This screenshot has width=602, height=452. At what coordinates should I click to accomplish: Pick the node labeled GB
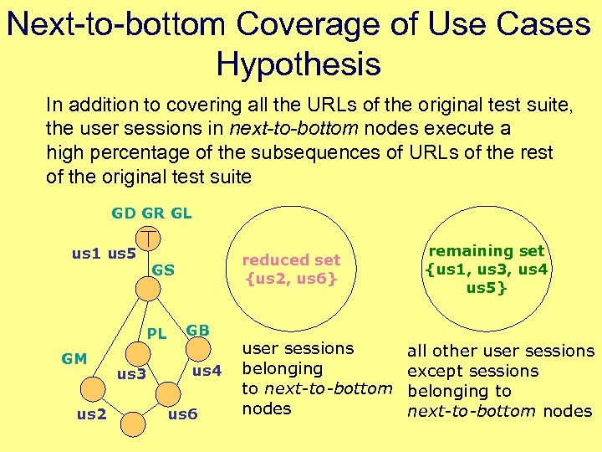(195, 349)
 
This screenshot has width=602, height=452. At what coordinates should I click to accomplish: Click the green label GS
(164, 270)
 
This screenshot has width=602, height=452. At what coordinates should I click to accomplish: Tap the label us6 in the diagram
(183, 413)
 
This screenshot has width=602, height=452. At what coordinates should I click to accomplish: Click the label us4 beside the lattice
(207, 370)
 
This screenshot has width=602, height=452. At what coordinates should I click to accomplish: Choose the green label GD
(124, 213)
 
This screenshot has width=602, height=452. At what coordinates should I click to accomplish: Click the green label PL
(157, 334)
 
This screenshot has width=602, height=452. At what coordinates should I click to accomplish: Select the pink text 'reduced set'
(291, 259)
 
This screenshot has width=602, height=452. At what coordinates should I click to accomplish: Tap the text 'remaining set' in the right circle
(487, 250)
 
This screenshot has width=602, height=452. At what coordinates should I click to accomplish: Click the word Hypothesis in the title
(298, 64)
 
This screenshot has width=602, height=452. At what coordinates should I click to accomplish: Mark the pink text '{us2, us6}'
(291, 278)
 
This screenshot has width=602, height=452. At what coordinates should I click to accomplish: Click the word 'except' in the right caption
(431, 371)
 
